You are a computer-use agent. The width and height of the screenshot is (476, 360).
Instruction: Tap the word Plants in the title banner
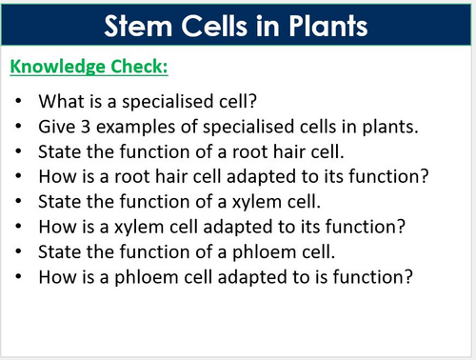(323, 25)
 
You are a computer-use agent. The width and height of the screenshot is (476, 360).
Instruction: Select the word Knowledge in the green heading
(52, 68)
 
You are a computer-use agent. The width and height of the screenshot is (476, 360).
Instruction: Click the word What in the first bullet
(59, 100)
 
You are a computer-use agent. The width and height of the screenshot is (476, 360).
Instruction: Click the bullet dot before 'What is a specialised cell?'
(20, 101)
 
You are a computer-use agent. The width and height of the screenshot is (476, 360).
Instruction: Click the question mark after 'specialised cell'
(248, 100)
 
